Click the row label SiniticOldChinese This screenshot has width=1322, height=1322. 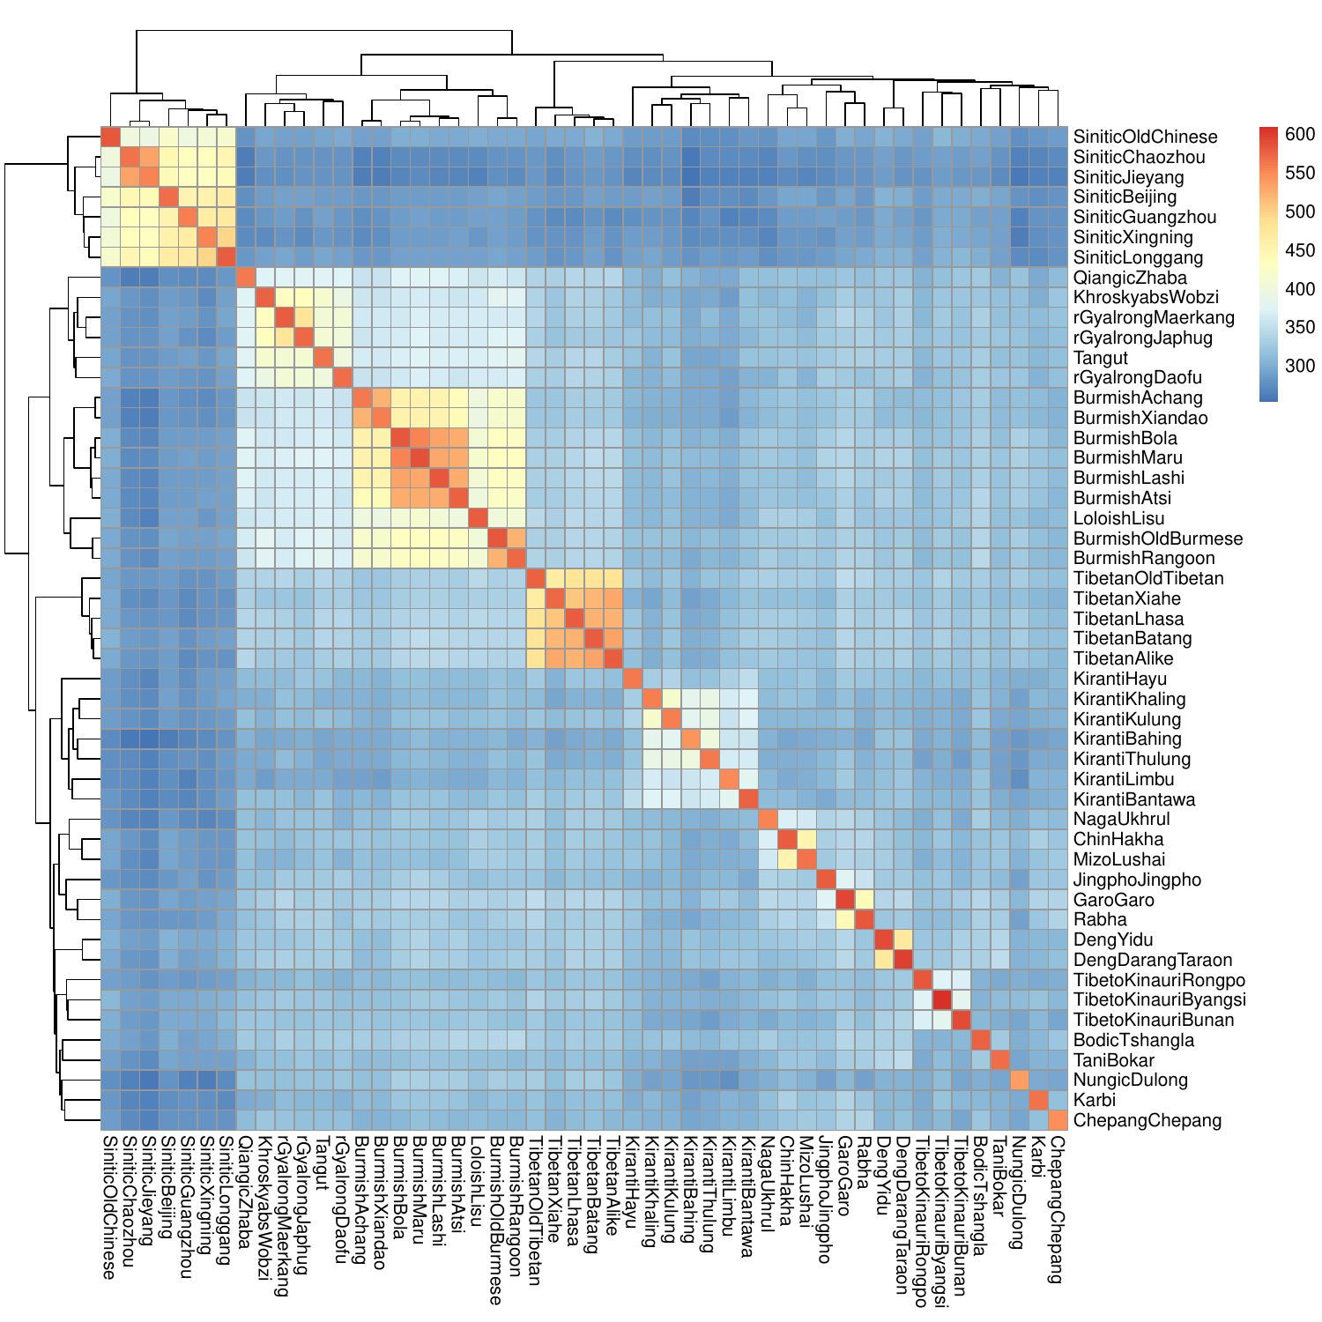coord(1145,137)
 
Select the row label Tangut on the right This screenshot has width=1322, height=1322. coord(1101,358)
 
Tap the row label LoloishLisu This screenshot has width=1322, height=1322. coord(1118,518)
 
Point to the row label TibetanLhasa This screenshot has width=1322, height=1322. coord(1128,619)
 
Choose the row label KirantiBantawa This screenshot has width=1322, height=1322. coord(1134,799)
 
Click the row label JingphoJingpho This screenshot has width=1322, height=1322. coord(1137,880)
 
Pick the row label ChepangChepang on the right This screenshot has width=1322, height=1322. coord(1147,1120)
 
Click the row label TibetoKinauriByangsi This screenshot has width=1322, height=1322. coord(1159,999)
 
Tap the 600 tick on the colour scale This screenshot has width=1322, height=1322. coord(1300,134)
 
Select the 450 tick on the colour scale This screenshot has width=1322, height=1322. coord(1300,250)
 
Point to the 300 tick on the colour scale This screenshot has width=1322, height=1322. coord(1300,366)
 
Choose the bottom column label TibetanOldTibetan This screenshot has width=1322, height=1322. coord(536,1211)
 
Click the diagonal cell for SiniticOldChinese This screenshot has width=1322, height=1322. coord(111,137)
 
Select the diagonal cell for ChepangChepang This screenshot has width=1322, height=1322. coord(1058,1120)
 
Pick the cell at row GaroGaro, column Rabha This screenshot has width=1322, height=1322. coord(865,899)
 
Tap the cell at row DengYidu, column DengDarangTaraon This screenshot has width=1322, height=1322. coord(903,940)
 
